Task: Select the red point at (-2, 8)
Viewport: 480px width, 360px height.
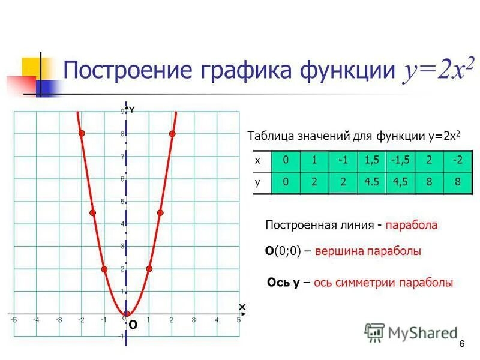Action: coord(82,133)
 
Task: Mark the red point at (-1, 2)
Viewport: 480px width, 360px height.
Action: coord(104,269)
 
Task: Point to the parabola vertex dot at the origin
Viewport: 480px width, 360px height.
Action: coord(127,313)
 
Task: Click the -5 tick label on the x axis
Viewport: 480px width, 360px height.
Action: coord(13,320)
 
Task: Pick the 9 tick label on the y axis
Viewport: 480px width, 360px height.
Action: coord(122,112)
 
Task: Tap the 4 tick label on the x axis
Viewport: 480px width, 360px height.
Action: coord(216,320)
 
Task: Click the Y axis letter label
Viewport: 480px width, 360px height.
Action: coord(132,110)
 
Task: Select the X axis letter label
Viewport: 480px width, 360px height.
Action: coord(242,307)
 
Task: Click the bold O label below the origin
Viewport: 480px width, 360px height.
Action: coord(133,325)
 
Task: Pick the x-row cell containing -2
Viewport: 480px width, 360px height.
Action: coord(458,161)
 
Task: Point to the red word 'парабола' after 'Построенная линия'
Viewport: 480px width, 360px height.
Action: coord(412,226)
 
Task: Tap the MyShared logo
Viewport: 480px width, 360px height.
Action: coord(410,332)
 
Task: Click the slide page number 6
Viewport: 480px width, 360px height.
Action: coord(462,344)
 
